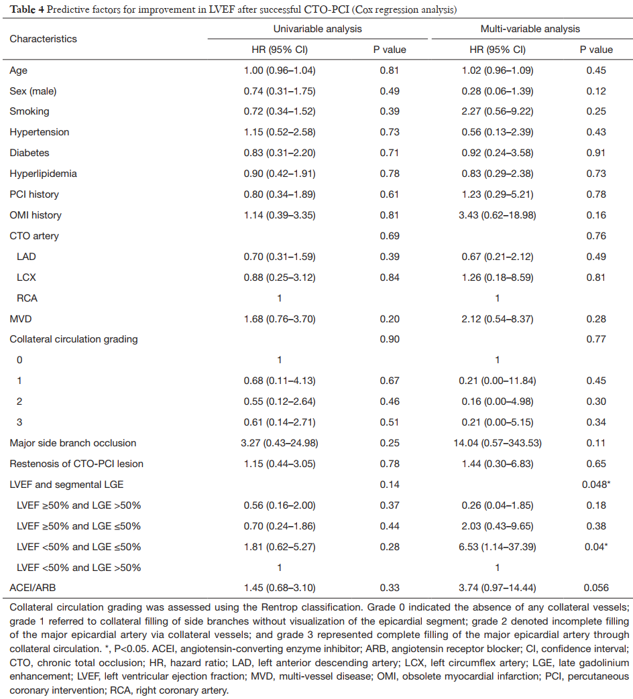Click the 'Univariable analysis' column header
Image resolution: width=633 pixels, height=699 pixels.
tap(317, 29)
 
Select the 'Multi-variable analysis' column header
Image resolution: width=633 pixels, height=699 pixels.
tap(530, 29)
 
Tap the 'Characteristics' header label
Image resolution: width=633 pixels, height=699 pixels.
tap(43, 39)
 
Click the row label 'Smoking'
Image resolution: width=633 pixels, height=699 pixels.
tap(29, 111)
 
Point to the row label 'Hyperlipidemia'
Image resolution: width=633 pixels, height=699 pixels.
tap(43, 174)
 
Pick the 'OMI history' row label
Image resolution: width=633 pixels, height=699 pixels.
tap(35, 215)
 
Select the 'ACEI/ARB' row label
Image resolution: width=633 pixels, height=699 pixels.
tap(31, 588)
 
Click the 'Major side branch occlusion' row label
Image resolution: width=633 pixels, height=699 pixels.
tap(72, 443)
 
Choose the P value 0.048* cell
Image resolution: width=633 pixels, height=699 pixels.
tap(596, 485)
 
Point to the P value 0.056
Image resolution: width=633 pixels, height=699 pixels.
tap(596, 588)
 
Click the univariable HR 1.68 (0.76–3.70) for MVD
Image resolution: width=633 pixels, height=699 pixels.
tap(280, 318)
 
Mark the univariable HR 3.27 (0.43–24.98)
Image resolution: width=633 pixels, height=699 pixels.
tap(280, 443)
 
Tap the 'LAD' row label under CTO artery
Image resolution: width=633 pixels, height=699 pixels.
tap(26, 256)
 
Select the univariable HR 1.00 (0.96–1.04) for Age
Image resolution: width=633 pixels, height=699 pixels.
tap(280, 70)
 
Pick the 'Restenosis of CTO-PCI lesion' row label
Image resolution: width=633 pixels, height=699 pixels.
tap(76, 464)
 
